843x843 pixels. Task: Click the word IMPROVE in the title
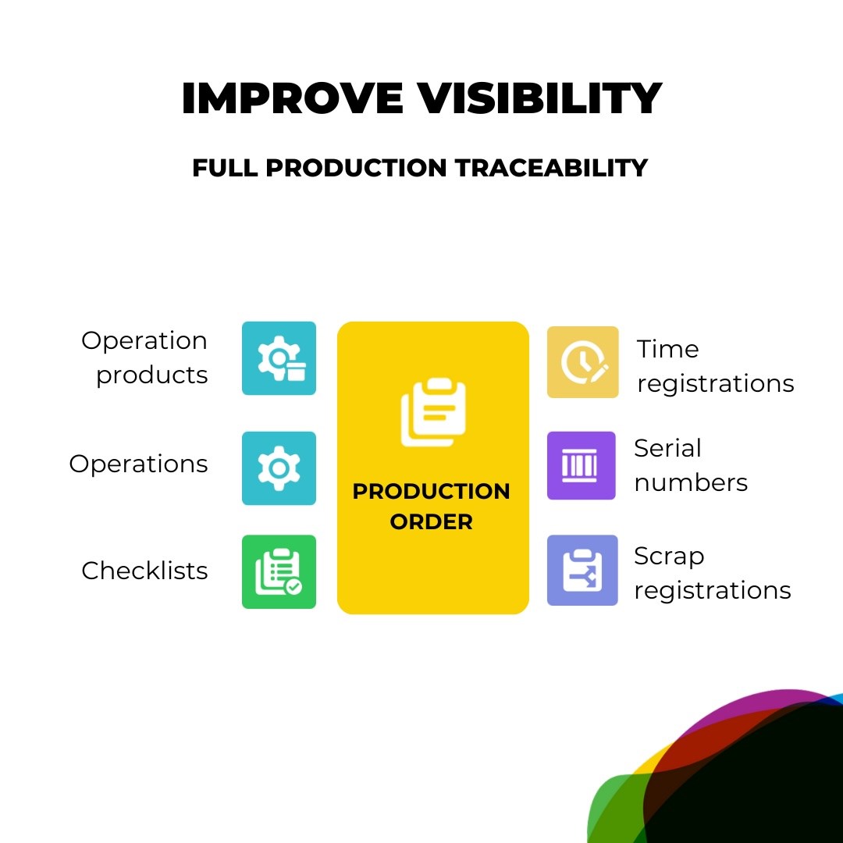click(x=293, y=98)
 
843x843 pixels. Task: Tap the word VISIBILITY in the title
click(x=540, y=98)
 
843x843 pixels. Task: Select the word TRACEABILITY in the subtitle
click(x=551, y=168)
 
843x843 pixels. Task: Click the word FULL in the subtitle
click(x=225, y=168)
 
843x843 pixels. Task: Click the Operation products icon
click(x=279, y=358)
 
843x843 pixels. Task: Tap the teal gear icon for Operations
click(x=279, y=468)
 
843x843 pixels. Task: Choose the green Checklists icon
click(x=279, y=571)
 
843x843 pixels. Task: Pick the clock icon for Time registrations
click(x=583, y=362)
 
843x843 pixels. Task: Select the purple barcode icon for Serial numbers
click(x=582, y=465)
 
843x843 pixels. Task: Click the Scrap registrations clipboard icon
click(x=582, y=570)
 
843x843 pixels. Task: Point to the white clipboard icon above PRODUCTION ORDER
click(x=433, y=412)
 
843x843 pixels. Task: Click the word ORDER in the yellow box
click(x=431, y=521)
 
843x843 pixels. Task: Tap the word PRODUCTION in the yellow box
click(x=431, y=491)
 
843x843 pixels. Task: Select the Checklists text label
click(x=144, y=571)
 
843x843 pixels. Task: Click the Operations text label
click(x=138, y=464)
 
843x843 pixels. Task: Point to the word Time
click(x=667, y=349)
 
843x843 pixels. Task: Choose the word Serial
click(x=667, y=448)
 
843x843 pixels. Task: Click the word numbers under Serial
click(x=691, y=482)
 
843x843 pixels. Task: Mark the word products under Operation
click(x=152, y=375)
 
